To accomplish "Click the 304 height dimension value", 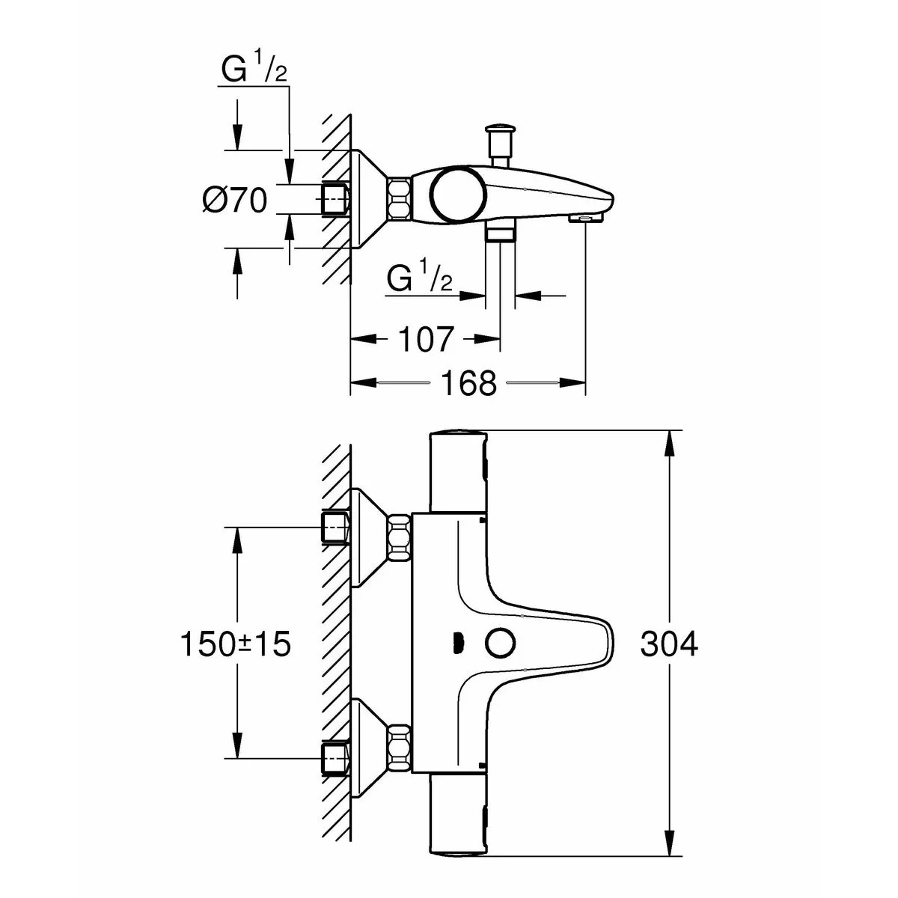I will point(668,644).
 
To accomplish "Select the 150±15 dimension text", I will point(234,644).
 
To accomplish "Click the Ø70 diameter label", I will point(234,201).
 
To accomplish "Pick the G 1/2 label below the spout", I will point(420,279).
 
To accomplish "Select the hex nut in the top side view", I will point(399,199).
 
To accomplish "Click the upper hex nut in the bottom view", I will point(399,537).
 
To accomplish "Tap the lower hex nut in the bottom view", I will point(399,748).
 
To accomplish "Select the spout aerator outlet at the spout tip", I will point(584,219).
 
